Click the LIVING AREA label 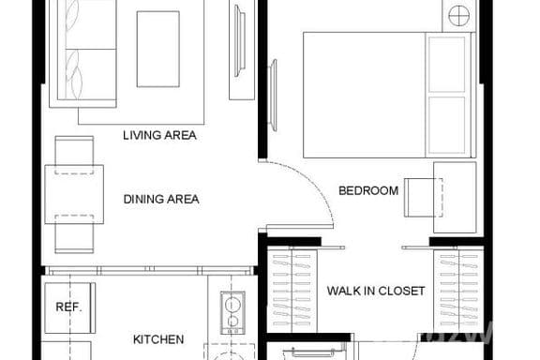tap(159, 135)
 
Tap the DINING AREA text tap(161, 199)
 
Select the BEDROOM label tap(368, 190)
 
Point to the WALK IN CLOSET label tap(376, 291)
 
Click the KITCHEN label tap(158, 339)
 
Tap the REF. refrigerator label tap(68, 307)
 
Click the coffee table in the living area tap(158, 49)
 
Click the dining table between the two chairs tap(74, 195)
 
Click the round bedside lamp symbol tap(459, 16)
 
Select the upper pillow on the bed tap(447, 64)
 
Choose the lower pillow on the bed tap(447, 125)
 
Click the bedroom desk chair tap(423, 198)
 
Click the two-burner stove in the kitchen tap(232, 313)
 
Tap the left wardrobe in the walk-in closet tap(292, 291)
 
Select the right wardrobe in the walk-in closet tap(458, 291)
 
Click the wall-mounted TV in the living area tap(240, 40)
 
